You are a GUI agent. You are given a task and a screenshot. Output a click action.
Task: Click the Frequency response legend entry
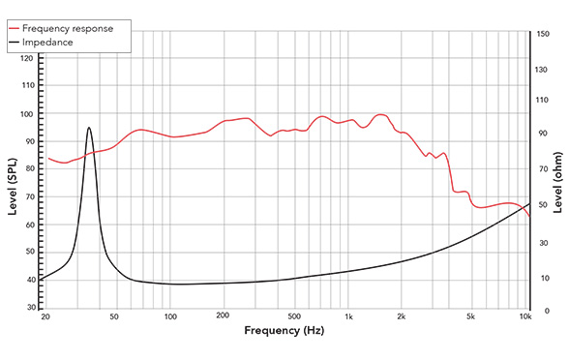(x=74, y=28)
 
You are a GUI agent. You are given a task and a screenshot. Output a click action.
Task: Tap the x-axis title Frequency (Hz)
(x=284, y=332)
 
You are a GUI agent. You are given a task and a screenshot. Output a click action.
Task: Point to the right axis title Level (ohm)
(x=558, y=183)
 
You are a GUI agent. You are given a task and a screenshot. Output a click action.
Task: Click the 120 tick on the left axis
(x=27, y=58)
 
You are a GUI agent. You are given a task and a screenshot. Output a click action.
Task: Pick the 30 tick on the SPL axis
(x=29, y=308)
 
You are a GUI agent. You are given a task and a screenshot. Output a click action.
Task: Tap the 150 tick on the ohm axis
(x=542, y=34)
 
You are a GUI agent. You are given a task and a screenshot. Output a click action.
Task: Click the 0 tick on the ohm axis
(x=538, y=311)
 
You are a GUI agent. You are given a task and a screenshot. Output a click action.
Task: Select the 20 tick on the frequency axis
(x=45, y=317)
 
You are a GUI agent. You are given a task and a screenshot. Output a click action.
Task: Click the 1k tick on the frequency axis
(x=349, y=317)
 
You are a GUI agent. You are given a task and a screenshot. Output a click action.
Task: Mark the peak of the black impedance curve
(x=89, y=127)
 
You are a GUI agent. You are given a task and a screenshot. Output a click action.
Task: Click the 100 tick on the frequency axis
(x=169, y=317)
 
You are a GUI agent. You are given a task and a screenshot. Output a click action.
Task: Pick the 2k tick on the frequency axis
(x=402, y=317)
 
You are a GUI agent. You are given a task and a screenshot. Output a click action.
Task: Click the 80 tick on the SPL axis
(x=29, y=169)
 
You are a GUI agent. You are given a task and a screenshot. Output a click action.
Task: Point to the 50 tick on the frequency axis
(x=114, y=317)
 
